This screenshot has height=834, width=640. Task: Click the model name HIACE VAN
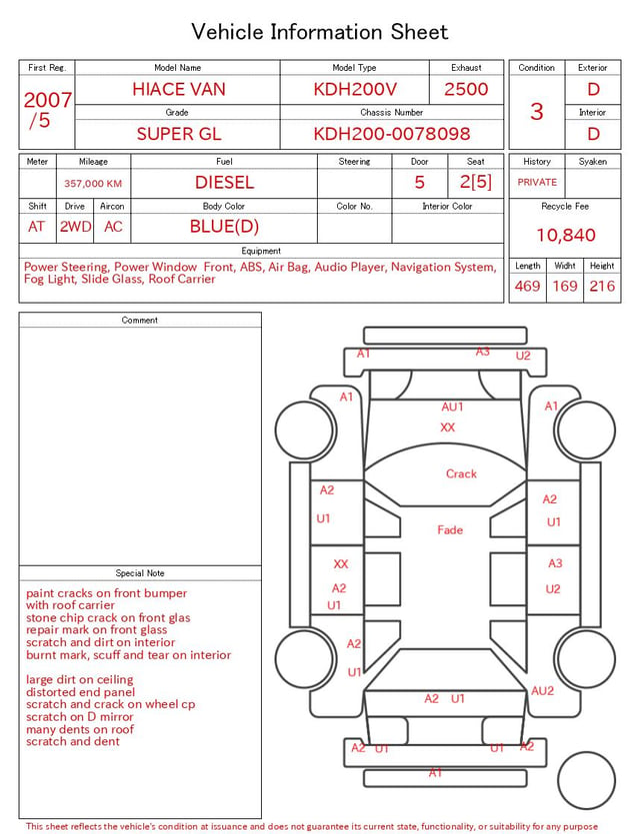click(179, 89)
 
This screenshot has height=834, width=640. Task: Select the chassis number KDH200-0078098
click(392, 134)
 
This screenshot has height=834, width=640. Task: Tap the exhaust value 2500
click(466, 89)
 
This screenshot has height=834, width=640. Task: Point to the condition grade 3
click(537, 112)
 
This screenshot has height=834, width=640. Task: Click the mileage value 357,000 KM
click(93, 184)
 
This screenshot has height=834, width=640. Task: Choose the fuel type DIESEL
click(224, 183)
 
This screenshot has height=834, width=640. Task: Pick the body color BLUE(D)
click(224, 227)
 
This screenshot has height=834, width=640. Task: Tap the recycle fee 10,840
click(565, 235)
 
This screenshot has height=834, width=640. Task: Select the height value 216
click(602, 286)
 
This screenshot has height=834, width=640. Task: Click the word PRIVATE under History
click(537, 182)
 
